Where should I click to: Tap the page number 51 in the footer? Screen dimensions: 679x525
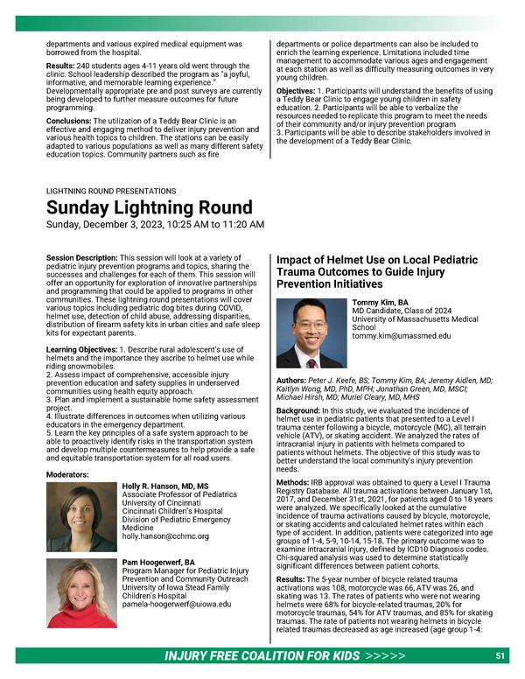click(500, 655)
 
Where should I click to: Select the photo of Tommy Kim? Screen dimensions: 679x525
click(311, 333)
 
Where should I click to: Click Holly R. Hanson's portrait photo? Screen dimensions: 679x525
click(81, 517)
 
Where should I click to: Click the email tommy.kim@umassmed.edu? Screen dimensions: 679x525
click(402, 335)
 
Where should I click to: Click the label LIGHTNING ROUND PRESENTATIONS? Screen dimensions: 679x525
click(111, 190)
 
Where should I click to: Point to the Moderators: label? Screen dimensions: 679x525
click(71, 474)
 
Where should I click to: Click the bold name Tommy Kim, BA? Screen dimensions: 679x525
click(381, 303)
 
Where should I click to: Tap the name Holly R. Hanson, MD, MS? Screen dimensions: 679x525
click(165, 486)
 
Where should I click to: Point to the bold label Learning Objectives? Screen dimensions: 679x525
click(81, 349)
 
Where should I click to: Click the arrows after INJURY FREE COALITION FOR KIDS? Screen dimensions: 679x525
click(386, 656)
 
